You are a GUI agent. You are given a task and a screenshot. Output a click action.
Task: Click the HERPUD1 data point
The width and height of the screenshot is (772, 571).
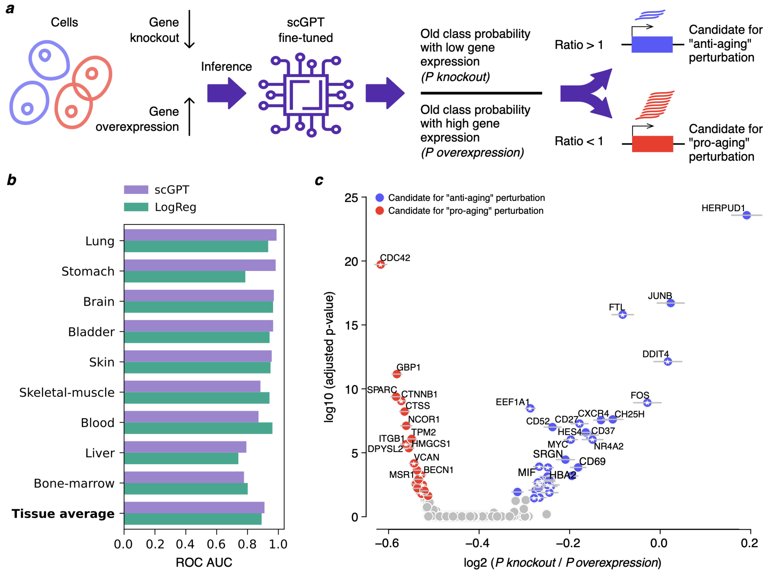[x=746, y=215]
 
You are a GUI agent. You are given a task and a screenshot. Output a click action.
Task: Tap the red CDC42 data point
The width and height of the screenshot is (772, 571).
[x=381, y=265]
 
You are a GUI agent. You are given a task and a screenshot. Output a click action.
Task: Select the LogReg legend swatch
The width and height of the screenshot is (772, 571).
[x=136, y=207]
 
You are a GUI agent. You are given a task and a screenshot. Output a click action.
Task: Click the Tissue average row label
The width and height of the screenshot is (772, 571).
[x=63, y=514]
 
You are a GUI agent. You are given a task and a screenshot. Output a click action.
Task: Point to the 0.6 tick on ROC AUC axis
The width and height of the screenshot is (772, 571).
[x=216, y=544]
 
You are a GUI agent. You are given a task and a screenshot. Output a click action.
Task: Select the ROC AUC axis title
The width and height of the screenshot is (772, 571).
[x=204, y=562]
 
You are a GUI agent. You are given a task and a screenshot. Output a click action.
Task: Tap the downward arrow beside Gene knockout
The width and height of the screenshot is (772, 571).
[x=189, y=29]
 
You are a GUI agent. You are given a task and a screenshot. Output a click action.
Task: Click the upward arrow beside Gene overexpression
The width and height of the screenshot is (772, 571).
[x=189, y=116]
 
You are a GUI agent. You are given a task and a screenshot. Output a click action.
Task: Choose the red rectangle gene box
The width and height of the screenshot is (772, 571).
[x=652, y=144]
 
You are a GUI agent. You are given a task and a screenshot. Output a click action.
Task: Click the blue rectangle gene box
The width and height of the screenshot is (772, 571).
[x=652, y=45]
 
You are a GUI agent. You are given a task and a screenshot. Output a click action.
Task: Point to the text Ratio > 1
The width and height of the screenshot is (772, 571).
[x=579, y=45]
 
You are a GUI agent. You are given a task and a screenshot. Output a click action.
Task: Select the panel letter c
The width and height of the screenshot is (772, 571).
[x=319, y=180]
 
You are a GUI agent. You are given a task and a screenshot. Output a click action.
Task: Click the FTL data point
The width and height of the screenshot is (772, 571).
[x=622, y=314]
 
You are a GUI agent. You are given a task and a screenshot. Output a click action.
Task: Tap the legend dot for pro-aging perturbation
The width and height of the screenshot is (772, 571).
[x=380, y=211]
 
